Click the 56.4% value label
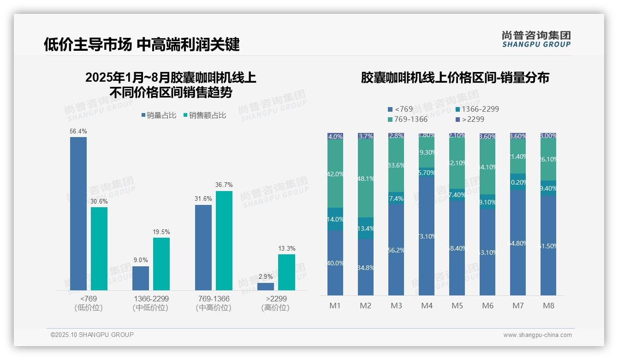pos(78,132)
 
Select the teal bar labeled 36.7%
pos(224,240)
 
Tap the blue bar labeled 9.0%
pos(141,278)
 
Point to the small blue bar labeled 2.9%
pos(266,286)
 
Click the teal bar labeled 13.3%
pos(286,272)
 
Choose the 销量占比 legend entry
pos(159,115)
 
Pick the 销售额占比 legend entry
pos(205,115)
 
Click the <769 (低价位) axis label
pos(89,303)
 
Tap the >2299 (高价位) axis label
pos(275,303)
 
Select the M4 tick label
pos(427,306)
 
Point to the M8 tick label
pos(548,306)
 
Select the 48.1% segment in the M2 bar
pos(366,179)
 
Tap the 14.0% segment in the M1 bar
pos(335,219)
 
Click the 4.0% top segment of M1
pos(335,137)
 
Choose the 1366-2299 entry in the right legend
pos(477,109)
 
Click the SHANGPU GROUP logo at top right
pos(536,39)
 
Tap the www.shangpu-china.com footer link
pos(537,335)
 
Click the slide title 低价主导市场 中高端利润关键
pos(142,44)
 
